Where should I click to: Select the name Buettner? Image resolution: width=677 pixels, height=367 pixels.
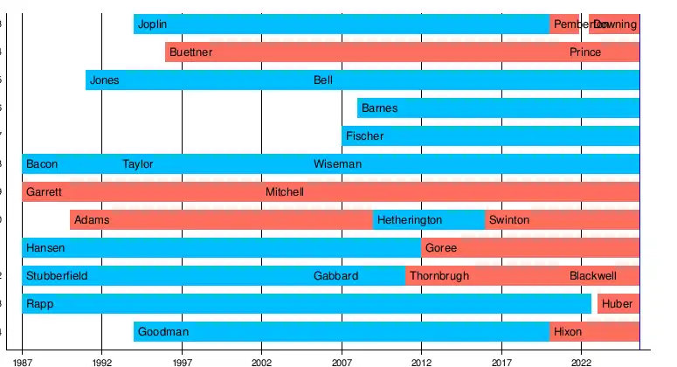pyautogui.click(x=190, y=52)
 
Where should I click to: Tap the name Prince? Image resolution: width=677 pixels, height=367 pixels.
pyautogui.click(x=585, y=52)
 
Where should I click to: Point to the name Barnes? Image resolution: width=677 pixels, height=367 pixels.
pyautogui.click(x=379, y=108)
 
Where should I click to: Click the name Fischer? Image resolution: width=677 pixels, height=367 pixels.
pyautogui.click(x=364, y=136)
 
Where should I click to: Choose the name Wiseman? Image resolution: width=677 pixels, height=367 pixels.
pyautogui.click(x=337, y=164)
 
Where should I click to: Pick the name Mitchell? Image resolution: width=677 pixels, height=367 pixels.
pyautogui.click(x=285, y=192)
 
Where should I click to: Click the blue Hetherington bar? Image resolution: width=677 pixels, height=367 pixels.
pyautogui.click(x=429, y=220)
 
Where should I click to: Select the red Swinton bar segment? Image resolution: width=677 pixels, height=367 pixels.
pyautogui.click(x=562, y=220)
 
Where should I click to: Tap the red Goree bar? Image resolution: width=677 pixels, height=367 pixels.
pyautogui.click(x=530, y=248)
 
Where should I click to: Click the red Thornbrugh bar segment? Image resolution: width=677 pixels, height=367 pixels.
pyautogui.click(x=485, y=276)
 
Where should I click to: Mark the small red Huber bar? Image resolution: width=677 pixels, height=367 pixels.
pyautogui.click(x=618, y=304)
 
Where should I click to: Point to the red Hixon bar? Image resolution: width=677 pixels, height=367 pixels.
pyautogui.click(x=594, y=332)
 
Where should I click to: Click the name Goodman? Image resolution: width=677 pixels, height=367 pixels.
pyautogui.click(x=163, y=332)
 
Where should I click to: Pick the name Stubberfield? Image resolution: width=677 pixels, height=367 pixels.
pyautogui.click(x=57, y=276)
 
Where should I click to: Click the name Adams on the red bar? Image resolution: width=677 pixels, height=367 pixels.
pyautogui.click(x=92, y=220)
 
